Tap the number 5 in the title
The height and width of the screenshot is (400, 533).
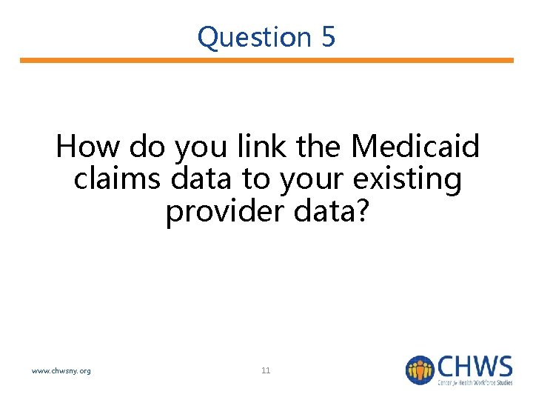tap(328, 37)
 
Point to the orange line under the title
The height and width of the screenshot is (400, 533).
tap(266, 61)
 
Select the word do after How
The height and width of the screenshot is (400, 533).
tap(146, 147)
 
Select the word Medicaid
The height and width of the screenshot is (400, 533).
tap(415, 147)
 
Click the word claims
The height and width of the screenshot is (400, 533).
tap(118, 179)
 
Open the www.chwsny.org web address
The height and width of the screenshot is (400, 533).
tap(61, 370)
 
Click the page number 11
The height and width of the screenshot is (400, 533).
tap(266, 370)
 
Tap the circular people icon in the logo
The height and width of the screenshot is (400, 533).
tap(419, 370)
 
